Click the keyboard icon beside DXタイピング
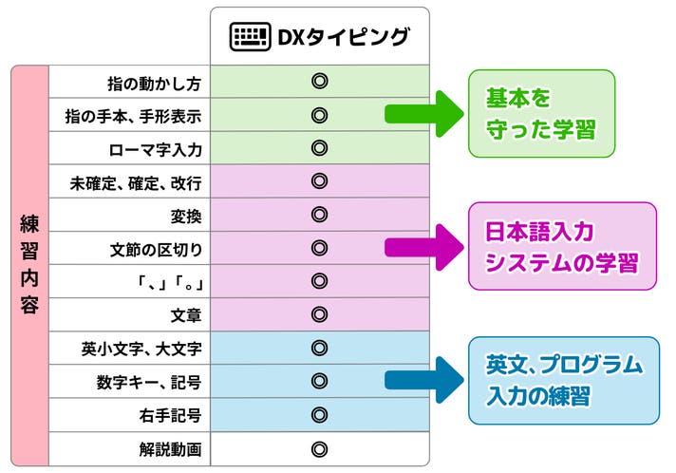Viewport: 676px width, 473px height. pyautogui.click(x=250, y=37)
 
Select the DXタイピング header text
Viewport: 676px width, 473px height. pyautogui.click(x=343, y=37)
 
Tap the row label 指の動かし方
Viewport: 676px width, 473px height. pyautogui.click(x=154, y=84)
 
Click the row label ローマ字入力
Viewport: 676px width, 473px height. pyautogui.click(x=155, y=150)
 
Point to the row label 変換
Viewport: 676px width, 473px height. pyautogui.click(x=186, y=217)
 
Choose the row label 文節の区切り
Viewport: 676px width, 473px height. pyautogui.click(x=156, y=250)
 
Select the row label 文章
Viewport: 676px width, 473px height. pyautogui.click(x=186, y=316)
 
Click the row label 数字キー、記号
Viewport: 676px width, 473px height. pyautogui.click(x=149, y=383)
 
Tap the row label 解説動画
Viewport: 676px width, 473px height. pyautogui.click(x=170, y=449)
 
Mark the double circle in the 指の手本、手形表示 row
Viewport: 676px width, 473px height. pyautogui.click(x=319, y=115)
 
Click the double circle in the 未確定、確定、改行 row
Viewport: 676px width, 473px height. pyautogui.click(x=319, y=181)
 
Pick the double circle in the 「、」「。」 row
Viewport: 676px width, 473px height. pyautogui.click(x=319, y=281)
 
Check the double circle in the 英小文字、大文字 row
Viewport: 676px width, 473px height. pyautogui.click(x=319, y=348)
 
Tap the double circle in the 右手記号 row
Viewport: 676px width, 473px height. pyautogui.click(x=319, y=415)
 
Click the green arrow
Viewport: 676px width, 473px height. pyautogui.click(x=424, y=114)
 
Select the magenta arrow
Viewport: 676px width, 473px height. pyautogui.click(x=424, y=248)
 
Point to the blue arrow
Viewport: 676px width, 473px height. pyautogui.click(x=424, y=380)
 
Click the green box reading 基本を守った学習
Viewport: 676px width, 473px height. pyautogui.click(x=541, y=113)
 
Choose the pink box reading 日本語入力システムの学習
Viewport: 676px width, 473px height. pyautogui.click(x=562, y=246)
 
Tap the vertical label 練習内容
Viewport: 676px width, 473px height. pyautogui.click(x=29, y=265)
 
